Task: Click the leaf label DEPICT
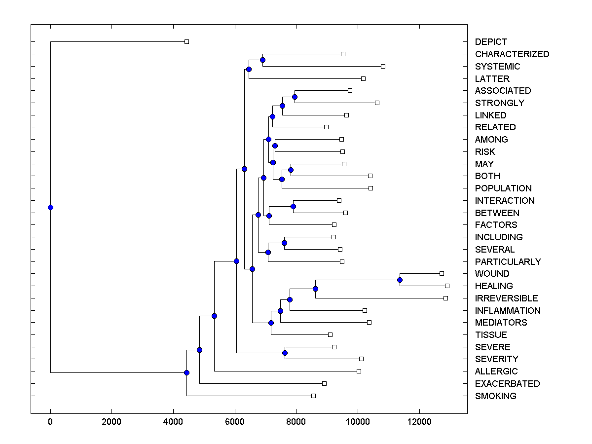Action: (491, 42)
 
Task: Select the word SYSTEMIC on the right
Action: (497, 67)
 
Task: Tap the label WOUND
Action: (492, 274)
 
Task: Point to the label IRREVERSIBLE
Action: (506, 298)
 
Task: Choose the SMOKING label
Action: (495, 396)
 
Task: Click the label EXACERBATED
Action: (507, 384)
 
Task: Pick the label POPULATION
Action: (503, 188)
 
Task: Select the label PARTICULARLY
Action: (508, 262)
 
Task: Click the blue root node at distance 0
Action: (50, 207)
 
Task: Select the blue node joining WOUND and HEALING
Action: (400, 280)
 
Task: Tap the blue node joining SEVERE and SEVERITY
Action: (285, 353)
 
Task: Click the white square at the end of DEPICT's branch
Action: (186, 41)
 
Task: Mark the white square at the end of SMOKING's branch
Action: (313, 396)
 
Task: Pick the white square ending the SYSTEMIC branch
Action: (383, 66)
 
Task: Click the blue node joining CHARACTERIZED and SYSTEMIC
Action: (262, 60)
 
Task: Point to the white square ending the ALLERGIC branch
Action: (359, 371)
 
